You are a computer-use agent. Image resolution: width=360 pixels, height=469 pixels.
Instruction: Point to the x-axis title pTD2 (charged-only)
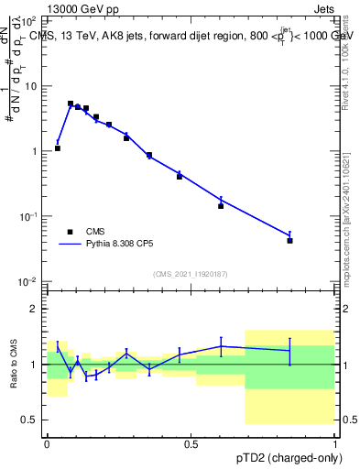(286, 458)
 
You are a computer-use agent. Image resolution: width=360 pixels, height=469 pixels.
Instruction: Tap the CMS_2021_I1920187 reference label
(190, 274)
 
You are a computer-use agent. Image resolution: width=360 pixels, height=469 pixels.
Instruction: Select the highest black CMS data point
(71, 104)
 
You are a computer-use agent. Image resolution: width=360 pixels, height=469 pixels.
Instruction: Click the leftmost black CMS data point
(58, 147)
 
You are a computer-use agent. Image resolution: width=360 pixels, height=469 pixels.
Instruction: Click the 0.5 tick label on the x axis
(191, 443)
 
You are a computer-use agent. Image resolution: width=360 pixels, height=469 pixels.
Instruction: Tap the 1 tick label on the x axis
(333, 443)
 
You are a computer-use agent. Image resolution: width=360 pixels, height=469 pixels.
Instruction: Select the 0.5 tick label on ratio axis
(29, 420)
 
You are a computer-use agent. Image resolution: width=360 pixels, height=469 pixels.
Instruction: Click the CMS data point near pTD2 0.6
(221, 206)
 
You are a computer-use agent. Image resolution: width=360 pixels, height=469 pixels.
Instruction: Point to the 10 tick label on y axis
(31, 85)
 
